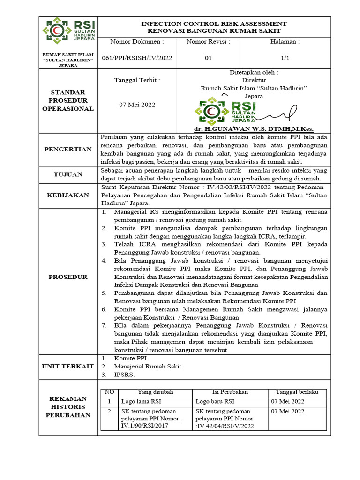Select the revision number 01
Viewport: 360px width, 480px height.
[x=208, y=58]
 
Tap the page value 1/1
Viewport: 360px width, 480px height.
[x=285, y=58]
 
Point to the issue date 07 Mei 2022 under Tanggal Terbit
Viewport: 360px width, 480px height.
[x=137, y=105]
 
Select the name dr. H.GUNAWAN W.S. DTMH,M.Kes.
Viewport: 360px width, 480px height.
[x=254, y=129]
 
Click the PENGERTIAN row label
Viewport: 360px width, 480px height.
[x=68, y=150]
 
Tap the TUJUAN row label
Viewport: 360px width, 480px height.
[x=68, y=174]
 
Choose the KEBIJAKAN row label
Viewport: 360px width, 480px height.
[x=68, y=195]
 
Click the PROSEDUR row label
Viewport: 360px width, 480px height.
[x=68, y=277]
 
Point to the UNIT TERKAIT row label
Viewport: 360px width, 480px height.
[x=68, y=366]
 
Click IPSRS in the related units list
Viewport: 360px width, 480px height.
[x=124, y=375]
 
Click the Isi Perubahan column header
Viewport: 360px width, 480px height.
[x=230, y=392]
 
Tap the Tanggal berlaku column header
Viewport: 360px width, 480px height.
[x=297, y=392]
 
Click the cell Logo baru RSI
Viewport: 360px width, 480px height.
[x=215, y=401]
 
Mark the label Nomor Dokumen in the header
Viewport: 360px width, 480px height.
[x=137, y=42]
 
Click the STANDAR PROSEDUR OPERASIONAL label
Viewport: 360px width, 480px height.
[x=68, y=100]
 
